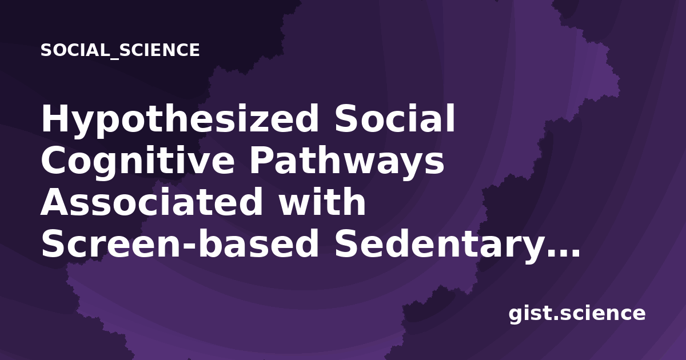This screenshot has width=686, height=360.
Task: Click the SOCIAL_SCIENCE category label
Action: coord(120,50)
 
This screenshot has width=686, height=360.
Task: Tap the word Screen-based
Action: coord(180,243)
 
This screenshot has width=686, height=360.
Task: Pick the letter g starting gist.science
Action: coord(516,315)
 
